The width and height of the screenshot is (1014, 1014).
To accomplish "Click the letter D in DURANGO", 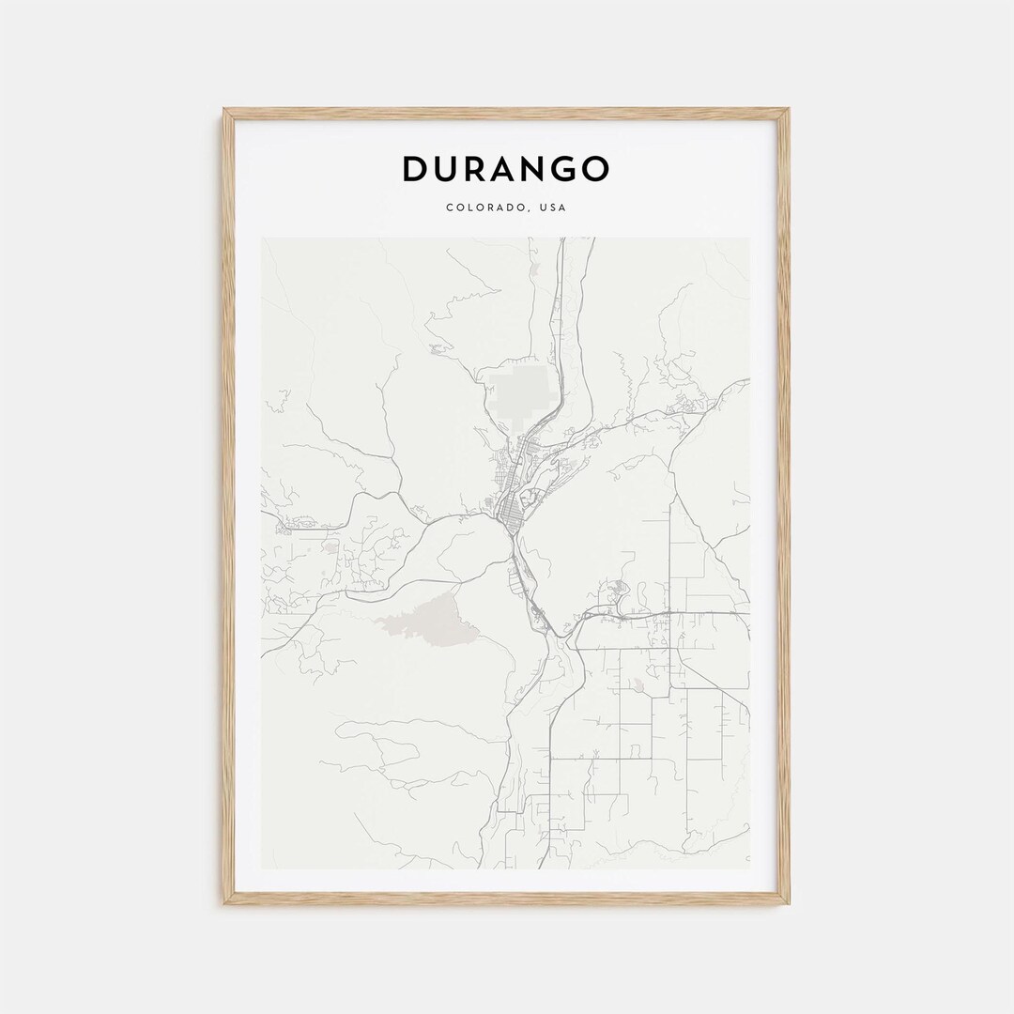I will coord(416,169).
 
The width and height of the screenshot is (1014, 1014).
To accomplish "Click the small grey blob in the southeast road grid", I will coord(639,685).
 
